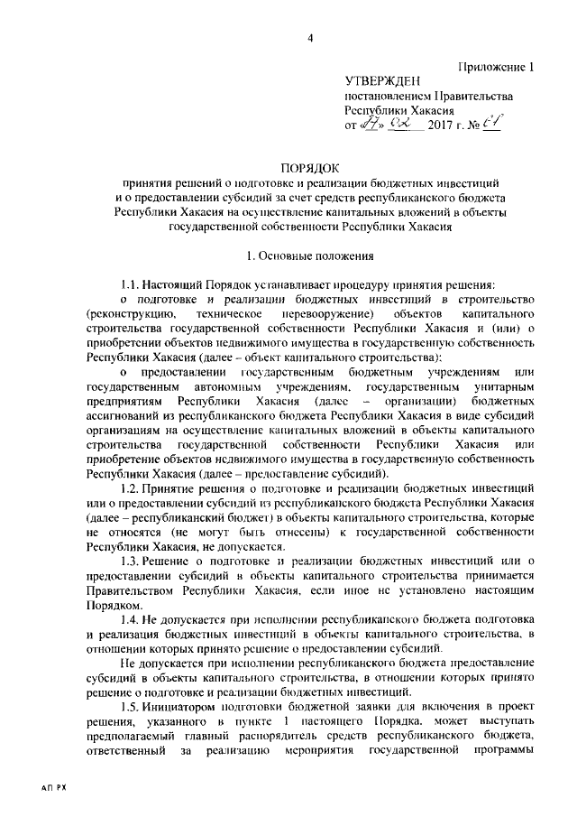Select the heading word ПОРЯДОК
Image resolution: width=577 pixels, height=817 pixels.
309,168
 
